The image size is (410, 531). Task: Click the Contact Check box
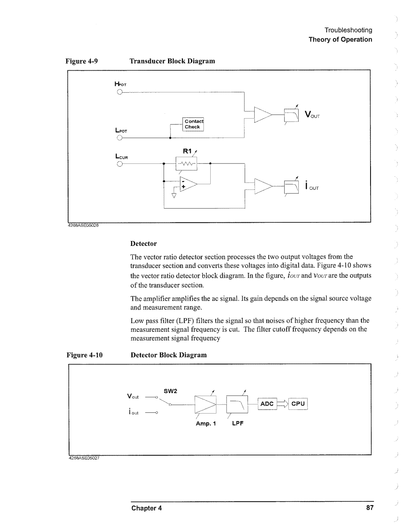pyautogui.click(x=193, y=124)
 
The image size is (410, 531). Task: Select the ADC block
pyautogui.click(x=267, y=404)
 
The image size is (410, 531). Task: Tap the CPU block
pyautogui.click(x=298, y=404)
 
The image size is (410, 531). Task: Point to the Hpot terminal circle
pyautogui.click(x=119, y=92)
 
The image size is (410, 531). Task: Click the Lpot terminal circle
pyautogui.click(x=119, y=138)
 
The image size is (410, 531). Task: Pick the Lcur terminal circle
pyautogui.click(x=119, y=164)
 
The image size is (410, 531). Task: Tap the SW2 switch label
pyautogui.click(x=171, y=391)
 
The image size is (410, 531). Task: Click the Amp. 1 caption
pyautogui.click(x=206, y=423)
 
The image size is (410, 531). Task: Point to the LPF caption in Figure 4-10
pyautogui.click(x=237, y=423)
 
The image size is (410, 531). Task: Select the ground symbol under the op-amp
pyautogui.click(x=174, y=196)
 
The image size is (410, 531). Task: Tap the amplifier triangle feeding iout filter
pyautogui.click(x=263, y=186)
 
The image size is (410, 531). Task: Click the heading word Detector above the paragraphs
pyautogui.click(x=143, y=244)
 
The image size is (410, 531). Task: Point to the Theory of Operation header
pyautogui.click(x=340, y=40)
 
